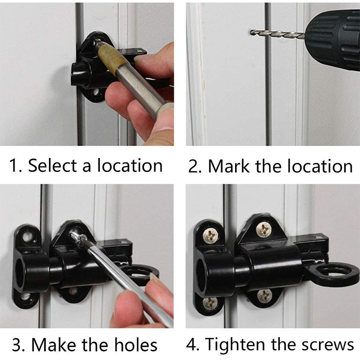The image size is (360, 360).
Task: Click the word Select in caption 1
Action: (x=52, y=165)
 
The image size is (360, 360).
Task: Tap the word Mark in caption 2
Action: (x=228, y=166)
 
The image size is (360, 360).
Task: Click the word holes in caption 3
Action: (x=136, y=345)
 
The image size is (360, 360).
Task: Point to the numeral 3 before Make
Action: (x=17, y=345)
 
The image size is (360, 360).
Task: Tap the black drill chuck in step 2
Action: (x=333, y=40)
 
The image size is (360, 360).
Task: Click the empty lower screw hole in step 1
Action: (x=96, y=93)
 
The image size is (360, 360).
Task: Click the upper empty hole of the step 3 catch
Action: (x=28, y=237)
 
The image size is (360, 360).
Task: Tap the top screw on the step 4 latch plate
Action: (x=264, y=230)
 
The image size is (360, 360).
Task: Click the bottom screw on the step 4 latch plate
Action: (x=264, y=296)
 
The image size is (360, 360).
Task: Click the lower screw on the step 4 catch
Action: (x=210, y=303)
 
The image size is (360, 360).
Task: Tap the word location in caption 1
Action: (x=130, y=165)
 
